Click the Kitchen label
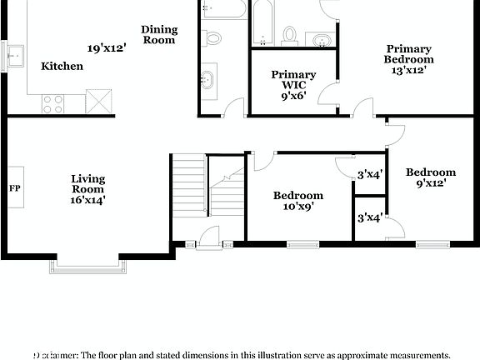(62, 66)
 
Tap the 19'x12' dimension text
(106, 48)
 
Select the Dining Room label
(159, 34)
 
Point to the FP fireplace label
(15, 188)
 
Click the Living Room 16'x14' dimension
(87, 200)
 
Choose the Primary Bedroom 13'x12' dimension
(409, 72)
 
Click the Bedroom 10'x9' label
(298, 201)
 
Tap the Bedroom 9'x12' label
(431, 177)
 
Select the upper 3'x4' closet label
(369, 175)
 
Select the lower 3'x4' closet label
(369, 217)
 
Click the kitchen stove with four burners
(52, 103)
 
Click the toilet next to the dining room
(212, 37)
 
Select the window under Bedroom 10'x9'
(303, 244)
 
